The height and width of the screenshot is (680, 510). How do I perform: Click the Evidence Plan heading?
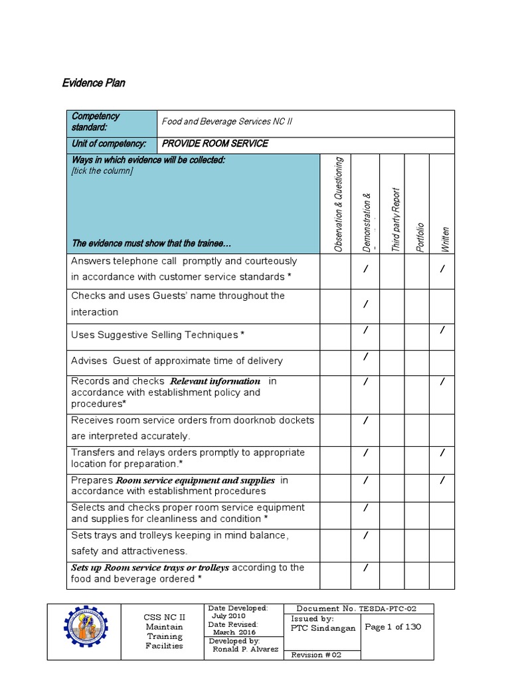click(94, 83)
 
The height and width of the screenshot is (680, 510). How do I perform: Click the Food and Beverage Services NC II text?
click(226, 122)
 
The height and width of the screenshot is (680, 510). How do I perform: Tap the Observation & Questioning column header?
click(339, 205)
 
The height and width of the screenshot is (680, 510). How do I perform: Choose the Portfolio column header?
click(420, 237)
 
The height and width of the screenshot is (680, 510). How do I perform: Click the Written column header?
click(445, 239)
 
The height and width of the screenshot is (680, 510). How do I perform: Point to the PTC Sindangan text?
click(323, 628)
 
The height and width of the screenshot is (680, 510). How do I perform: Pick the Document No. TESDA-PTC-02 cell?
click(359, 608)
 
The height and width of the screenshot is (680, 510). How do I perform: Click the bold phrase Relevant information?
click(216, 381)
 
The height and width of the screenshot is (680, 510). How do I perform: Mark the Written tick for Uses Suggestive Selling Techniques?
click(442, 329)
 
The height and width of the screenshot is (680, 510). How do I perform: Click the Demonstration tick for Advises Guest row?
click(365, 357)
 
